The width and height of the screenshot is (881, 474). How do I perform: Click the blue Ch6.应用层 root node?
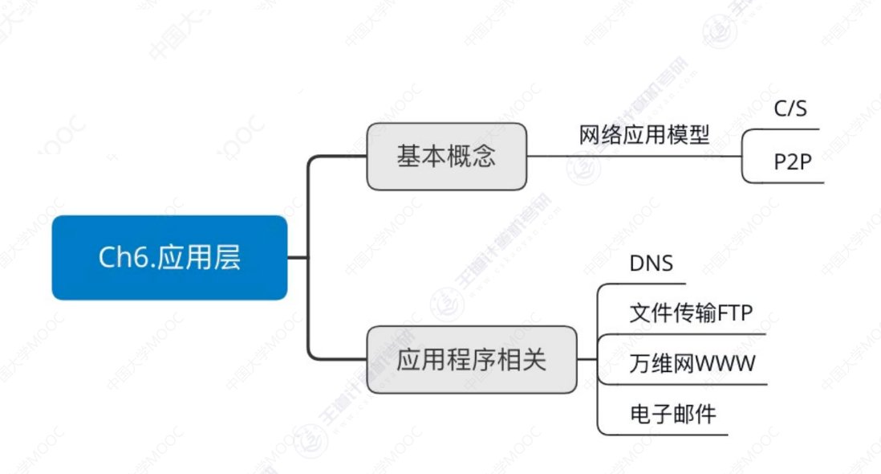[x=169, y=257]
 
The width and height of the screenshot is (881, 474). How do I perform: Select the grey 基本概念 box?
[x=446, y=156]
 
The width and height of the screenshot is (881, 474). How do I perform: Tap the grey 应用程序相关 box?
[x=471, y=359]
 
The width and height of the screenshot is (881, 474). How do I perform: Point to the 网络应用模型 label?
[x=644, y=134]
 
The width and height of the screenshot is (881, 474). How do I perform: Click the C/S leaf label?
[x=790, y=108]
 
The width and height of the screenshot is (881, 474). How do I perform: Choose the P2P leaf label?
[x=793, y=161]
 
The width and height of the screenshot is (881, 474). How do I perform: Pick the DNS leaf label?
[x=651, y=264]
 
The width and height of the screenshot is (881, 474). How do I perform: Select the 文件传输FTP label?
[x=691, y=313]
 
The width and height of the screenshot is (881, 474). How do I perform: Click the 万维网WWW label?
[x=692, y=364]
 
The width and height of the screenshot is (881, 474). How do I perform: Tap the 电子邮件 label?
[x=672, y=415]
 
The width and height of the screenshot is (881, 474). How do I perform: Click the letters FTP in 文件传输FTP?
[x=735, y=313]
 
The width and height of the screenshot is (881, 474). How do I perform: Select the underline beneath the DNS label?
[x=642, y=284]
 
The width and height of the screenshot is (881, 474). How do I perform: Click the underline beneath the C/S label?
[x=782, y=129]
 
